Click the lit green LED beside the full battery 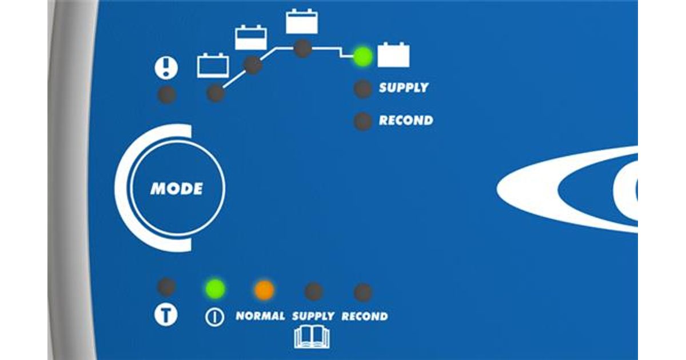(x=363, y=57)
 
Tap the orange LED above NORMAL (x=264, y=290)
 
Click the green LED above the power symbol (x=216, y=289)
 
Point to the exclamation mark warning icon (x=166, y=67)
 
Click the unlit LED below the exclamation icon (x=167, y=95)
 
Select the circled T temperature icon (x=166, y=315)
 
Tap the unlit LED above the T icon (x=166, y=287)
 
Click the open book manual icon (x=312, y=337)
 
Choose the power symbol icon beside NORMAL (x=214, y=317)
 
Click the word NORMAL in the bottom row (x=260, y=316)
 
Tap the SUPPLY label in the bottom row (x=313, y=316)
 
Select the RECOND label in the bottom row (x=365, y=316)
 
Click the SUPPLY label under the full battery (x=404, y=88)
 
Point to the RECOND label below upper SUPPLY (x=406, y=121)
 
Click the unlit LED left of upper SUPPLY (x=363, y=89)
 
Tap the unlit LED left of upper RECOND (x=363, y=122)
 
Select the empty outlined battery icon (x=213, y=66)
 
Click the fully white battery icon (x=393, y=55)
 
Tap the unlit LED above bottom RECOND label (x=363, y=293)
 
